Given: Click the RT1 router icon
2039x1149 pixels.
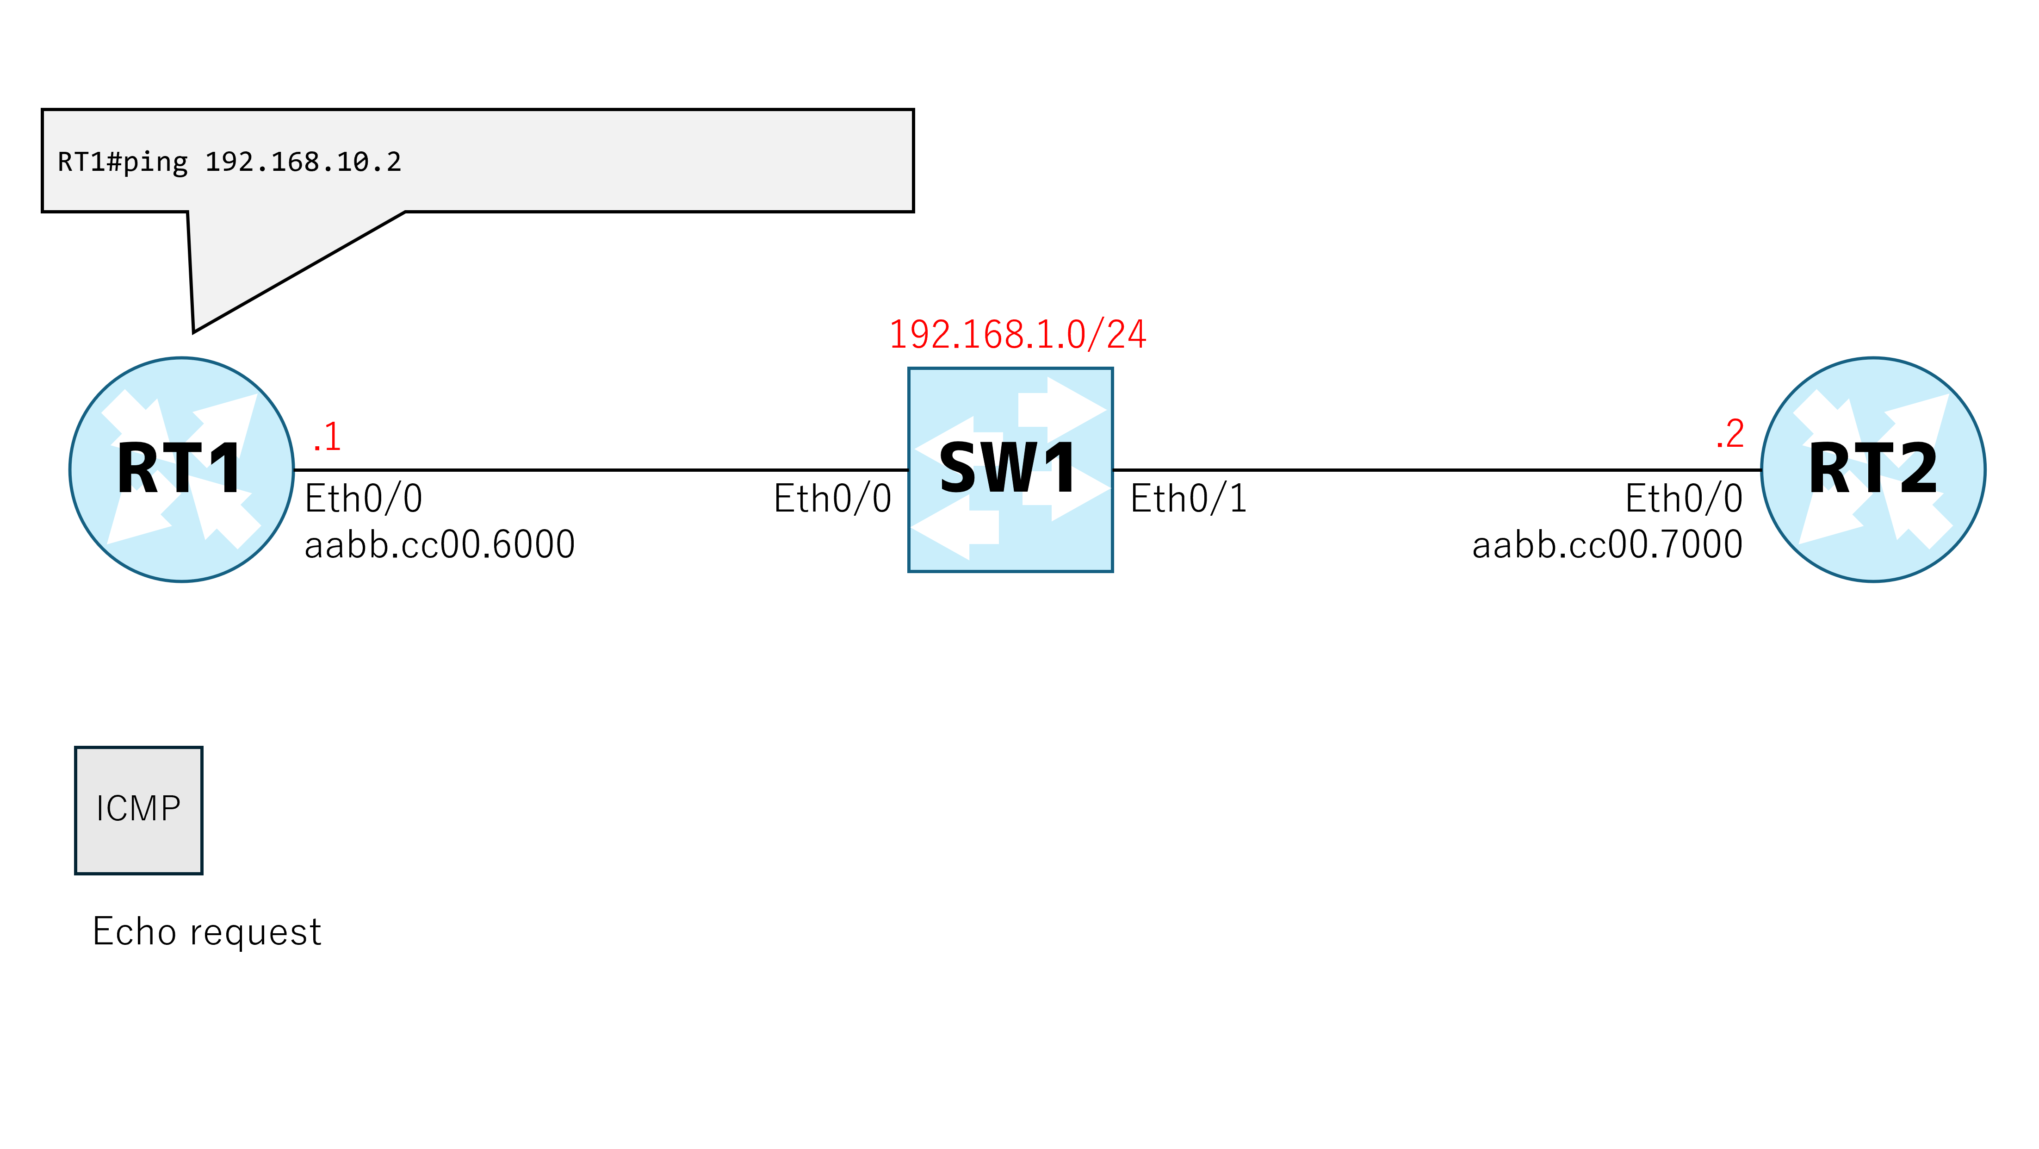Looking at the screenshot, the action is click(181, 469).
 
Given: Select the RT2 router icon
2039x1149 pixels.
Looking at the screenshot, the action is click(1873, 469).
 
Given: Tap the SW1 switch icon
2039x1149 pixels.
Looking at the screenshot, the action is click(1010, 469).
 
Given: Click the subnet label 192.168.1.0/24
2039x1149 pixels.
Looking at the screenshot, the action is click(1018, 334).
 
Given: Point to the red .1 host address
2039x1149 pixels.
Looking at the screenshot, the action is click(327, 437).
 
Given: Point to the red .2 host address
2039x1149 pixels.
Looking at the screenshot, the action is click(1730, 434).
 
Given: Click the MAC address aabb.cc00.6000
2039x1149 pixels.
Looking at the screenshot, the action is click(439, 545).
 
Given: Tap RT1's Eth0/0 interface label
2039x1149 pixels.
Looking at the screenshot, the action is click(363, 499).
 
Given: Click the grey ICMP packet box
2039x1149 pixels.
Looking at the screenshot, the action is click(138, 810).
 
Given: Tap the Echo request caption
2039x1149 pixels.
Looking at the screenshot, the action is click(207, 932).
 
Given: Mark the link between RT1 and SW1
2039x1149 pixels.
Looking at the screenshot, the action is click(601, 470).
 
